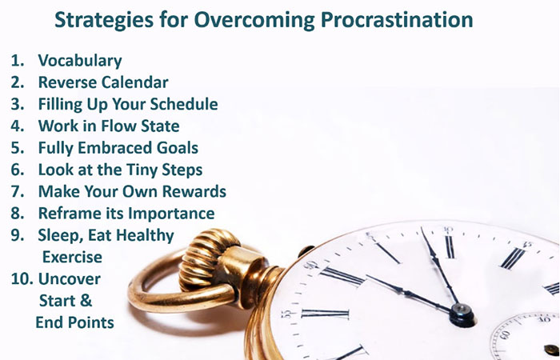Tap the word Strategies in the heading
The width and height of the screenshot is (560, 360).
tap(104, 20)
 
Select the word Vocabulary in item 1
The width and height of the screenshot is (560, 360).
tap(80, 61)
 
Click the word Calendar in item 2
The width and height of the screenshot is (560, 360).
tap(136, 82)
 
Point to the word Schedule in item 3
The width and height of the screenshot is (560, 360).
tap(183, 104)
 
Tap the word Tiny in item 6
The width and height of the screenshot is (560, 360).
tap(140, 170)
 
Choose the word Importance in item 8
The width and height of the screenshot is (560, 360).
tap(171, 214)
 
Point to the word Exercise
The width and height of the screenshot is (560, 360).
tap(72, 257)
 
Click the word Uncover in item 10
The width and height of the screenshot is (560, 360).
tap(70, 279)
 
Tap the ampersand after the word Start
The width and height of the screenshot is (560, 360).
tap(86, 301)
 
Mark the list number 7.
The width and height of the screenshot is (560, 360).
tap(17, 191)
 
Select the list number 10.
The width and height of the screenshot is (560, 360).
tap(22, 279)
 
